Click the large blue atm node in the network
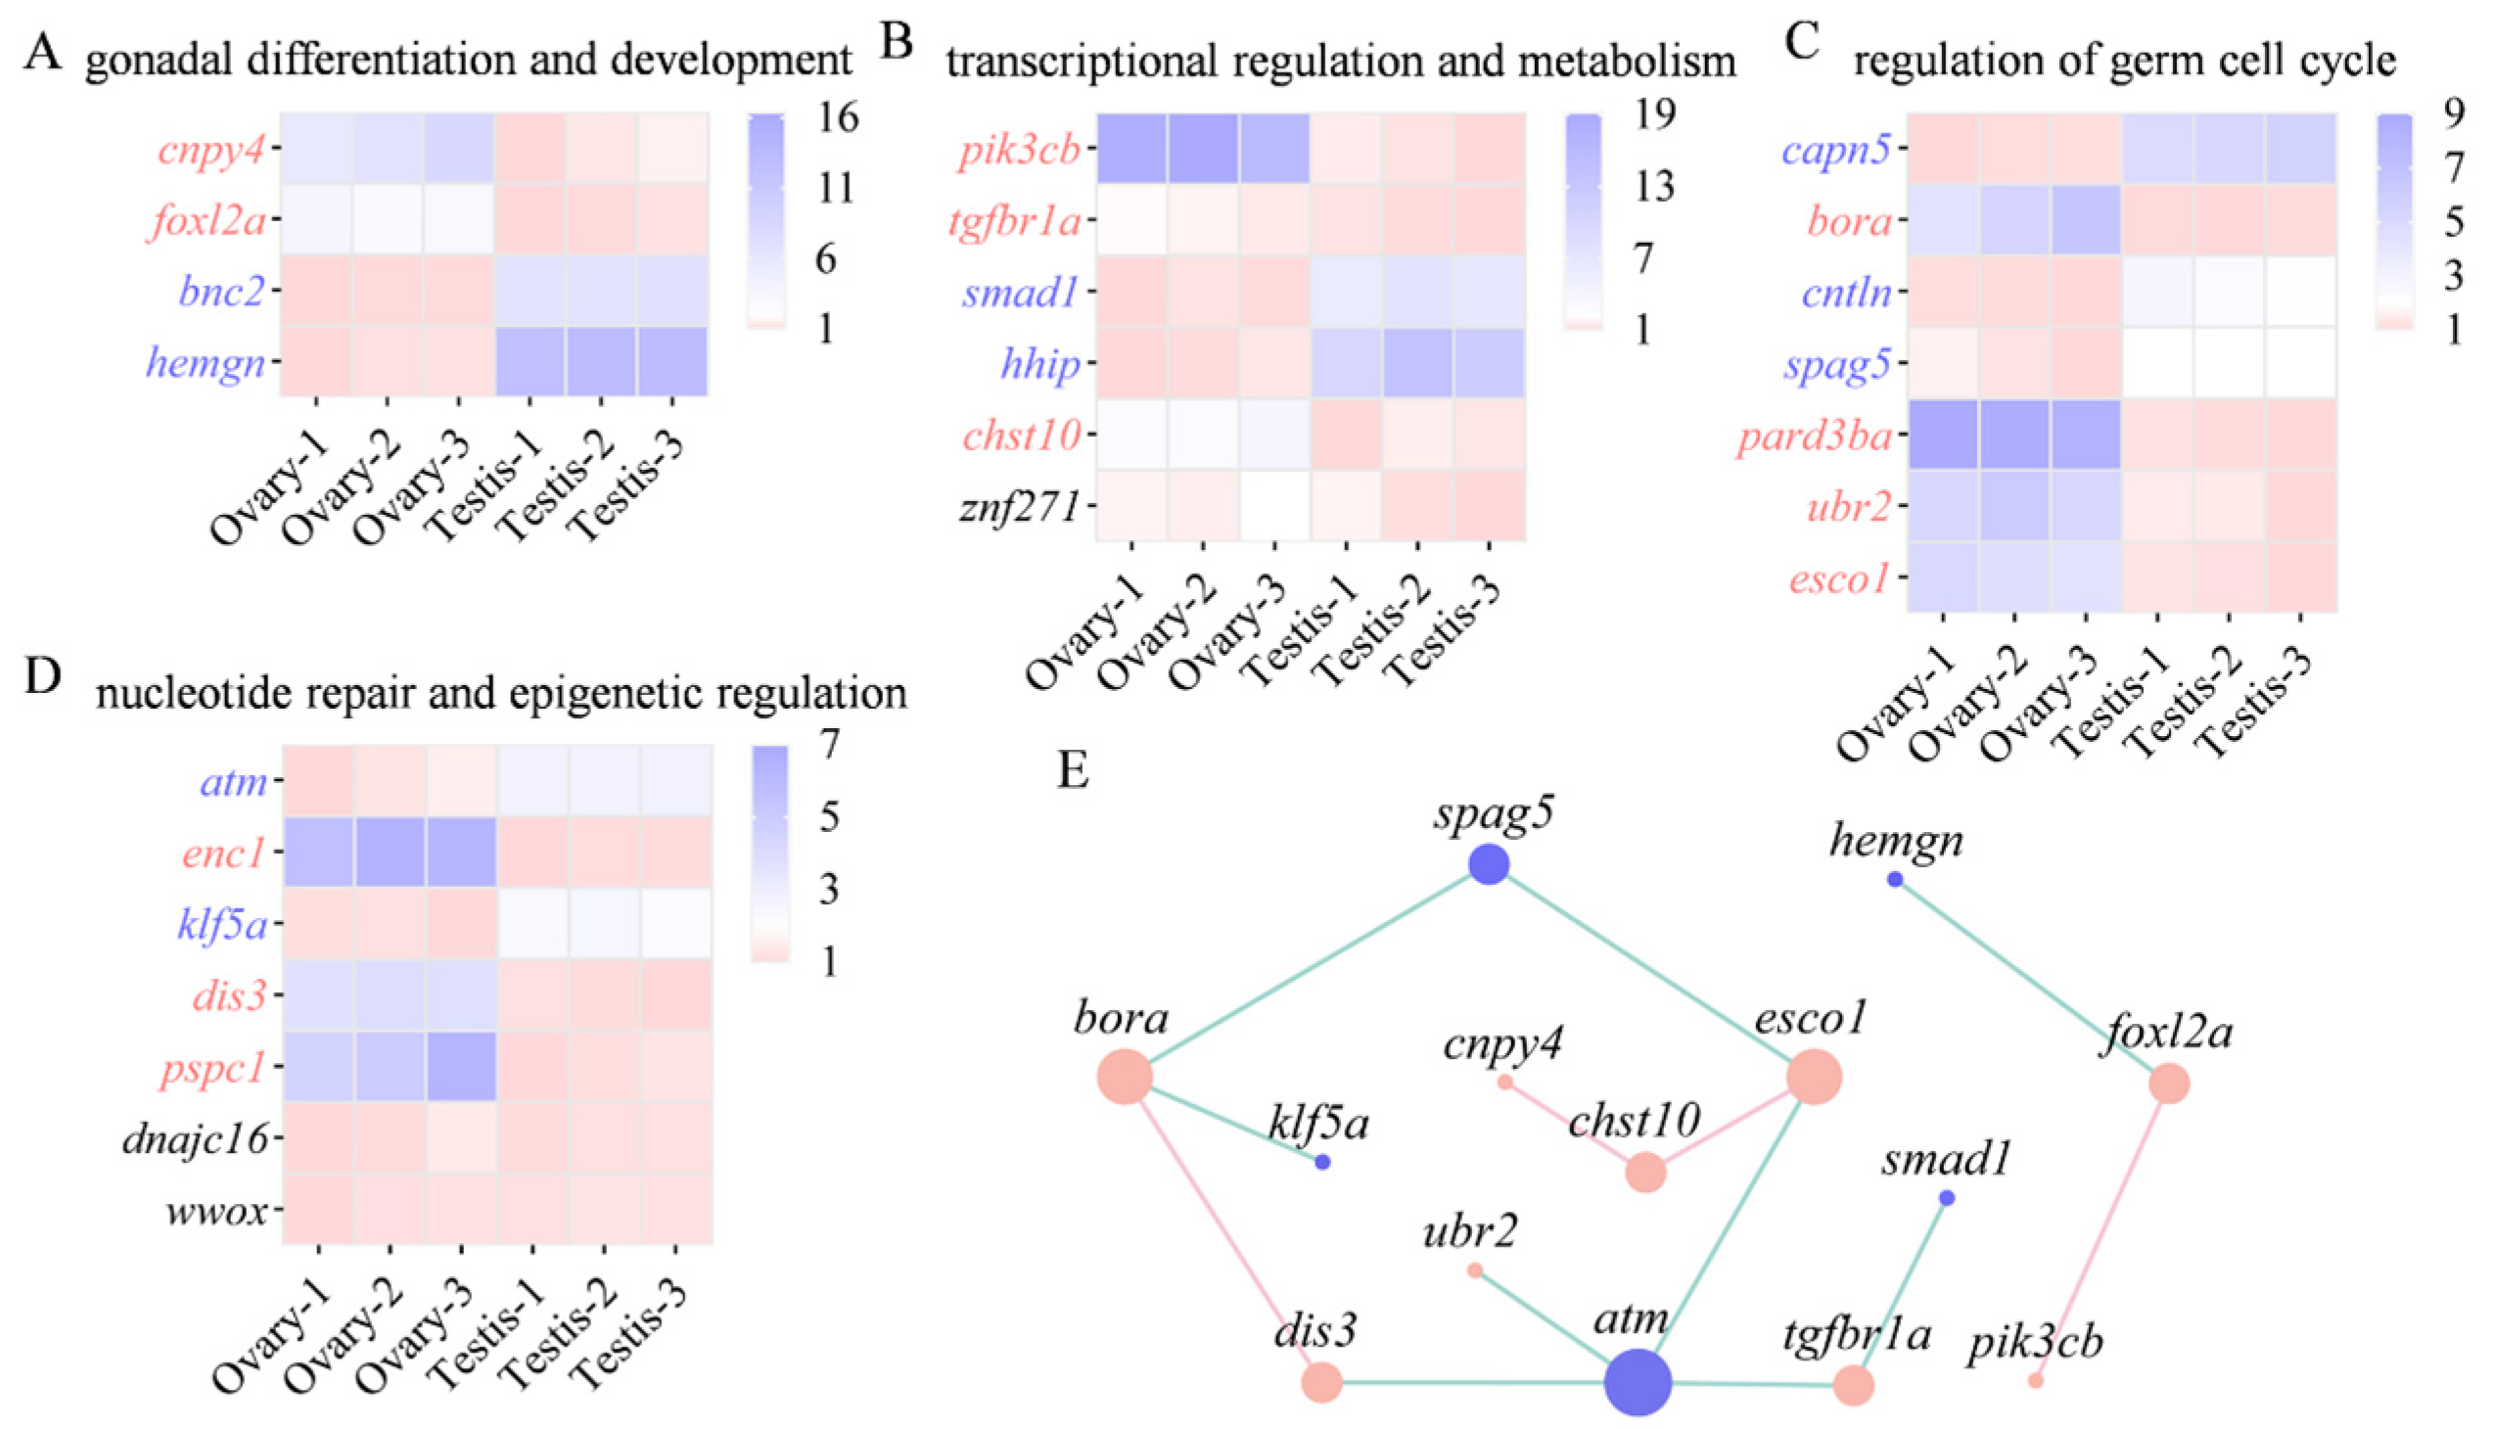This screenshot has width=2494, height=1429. click(1638, 1383)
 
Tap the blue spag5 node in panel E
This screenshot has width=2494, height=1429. click(1489, 864)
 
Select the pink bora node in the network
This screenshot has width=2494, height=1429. click(1125, 1077)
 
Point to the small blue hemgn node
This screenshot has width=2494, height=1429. click(1895, 879)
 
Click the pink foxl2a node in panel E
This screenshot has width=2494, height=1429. click(2169, 1084)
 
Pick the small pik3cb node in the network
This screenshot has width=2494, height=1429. click(2036, 1380)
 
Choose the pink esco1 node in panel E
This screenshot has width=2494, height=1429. click(1814, 1077)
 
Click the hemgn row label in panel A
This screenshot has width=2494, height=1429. click(207, 364)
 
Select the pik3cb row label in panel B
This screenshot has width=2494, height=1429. click(1021, 150)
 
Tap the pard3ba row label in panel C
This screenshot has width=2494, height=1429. click(1814, 436)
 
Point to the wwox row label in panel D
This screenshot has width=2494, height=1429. click(217, 1211)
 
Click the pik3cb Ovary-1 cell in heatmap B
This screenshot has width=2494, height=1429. click(1132, 148)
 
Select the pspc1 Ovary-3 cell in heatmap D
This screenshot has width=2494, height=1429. click(461, 1067)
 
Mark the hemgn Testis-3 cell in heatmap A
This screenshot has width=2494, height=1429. click(672, 361)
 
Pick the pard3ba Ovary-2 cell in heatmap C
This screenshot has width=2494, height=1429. click(2014, 435)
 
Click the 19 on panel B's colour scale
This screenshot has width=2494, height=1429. click(1652, 115)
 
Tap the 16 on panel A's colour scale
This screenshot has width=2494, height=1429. click(835, 117)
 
